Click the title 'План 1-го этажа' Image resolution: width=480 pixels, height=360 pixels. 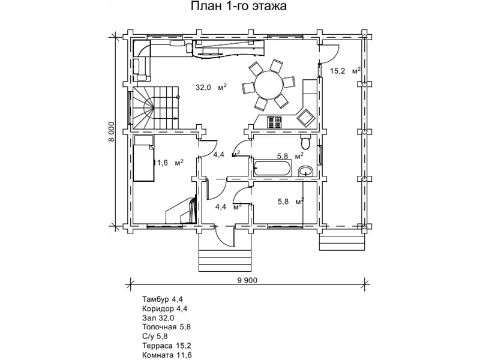239,6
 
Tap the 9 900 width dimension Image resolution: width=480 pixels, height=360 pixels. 247,280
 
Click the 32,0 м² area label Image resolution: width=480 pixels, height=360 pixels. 211,88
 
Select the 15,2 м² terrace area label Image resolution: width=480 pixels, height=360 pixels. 345,71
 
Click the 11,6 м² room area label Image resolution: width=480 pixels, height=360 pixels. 169,162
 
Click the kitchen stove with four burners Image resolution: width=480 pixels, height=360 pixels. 275,122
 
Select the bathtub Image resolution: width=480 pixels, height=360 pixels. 272,168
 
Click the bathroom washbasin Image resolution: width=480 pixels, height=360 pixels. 305,171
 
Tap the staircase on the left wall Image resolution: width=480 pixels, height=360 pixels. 155,107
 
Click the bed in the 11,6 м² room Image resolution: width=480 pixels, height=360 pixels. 143,158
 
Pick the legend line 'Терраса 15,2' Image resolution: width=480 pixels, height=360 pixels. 167,346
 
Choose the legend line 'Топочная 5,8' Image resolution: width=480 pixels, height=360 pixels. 167,327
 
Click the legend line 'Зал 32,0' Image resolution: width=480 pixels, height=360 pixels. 158,318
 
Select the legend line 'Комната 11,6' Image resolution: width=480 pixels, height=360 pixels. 167,355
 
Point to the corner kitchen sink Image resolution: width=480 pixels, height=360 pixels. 307,118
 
